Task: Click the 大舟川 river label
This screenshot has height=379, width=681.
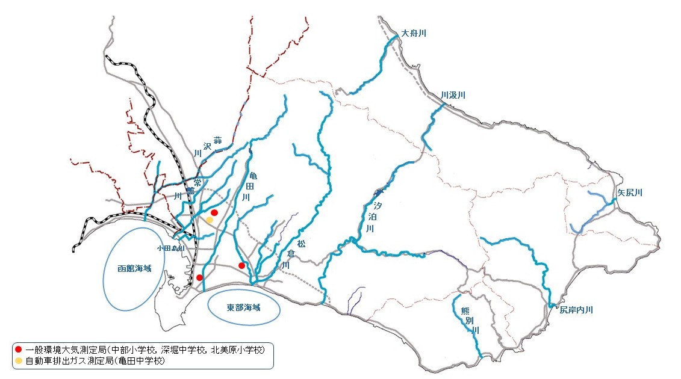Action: [414, 33]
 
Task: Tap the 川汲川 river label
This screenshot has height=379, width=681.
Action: [453, 95]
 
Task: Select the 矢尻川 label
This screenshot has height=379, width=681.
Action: [630, 193]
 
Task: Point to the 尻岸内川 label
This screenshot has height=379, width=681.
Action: [576, 310]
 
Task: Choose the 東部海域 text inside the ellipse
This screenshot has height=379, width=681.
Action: [244, 307]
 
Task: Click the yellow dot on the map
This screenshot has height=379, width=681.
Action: [210, 220]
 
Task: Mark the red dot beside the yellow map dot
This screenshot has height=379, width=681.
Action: [214, 213]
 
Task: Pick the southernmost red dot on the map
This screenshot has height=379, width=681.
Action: [199, 277]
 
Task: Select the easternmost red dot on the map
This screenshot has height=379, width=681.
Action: [241, 265]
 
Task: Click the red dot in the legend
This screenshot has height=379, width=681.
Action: [19, 350]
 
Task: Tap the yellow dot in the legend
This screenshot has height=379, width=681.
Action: [19, 361]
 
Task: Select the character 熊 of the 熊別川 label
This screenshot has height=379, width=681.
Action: [464, 310]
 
